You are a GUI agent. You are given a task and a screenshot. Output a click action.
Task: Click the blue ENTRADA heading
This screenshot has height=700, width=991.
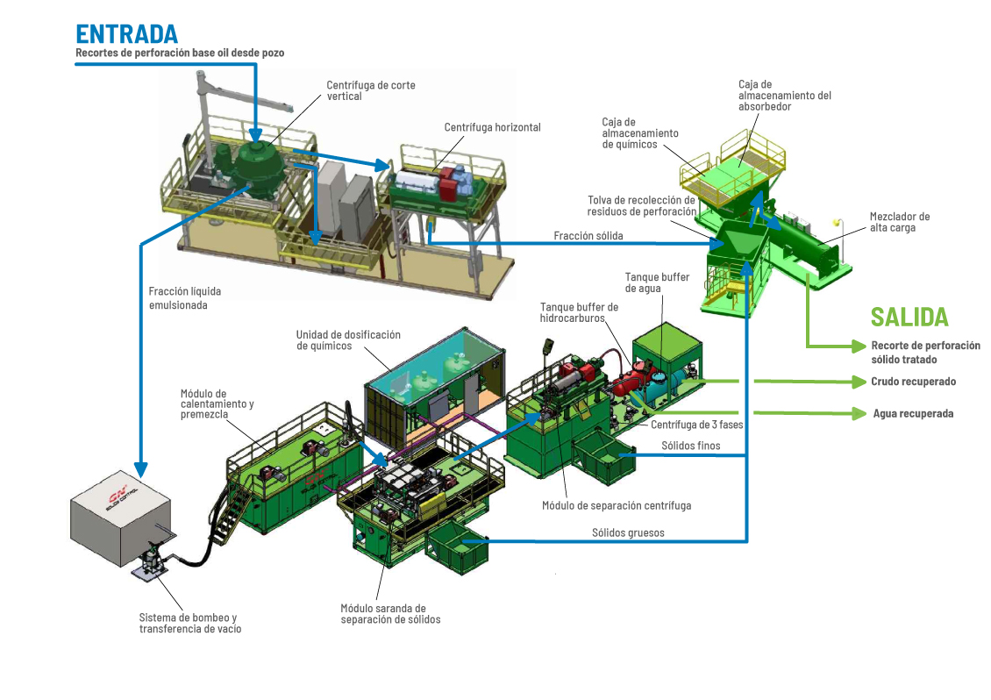pos(127,33)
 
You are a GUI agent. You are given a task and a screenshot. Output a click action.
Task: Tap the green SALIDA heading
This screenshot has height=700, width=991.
pos(909,317)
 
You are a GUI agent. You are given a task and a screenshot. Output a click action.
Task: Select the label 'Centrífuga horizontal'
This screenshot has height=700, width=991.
pos(492,127)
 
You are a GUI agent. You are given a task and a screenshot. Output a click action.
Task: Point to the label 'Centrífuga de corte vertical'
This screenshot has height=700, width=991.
pos(371,90)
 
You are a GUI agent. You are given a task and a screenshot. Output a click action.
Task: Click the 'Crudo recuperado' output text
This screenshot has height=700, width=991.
pos(913,382)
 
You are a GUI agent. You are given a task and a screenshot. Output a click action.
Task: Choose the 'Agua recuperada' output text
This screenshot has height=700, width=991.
pos(913,413)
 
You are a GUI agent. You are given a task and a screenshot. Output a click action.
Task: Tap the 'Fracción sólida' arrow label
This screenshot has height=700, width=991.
pos(588,235)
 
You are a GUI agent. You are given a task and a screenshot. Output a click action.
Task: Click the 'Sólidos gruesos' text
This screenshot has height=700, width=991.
pos(628,532)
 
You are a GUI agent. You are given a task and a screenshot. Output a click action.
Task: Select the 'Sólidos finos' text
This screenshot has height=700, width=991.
pos(690,446)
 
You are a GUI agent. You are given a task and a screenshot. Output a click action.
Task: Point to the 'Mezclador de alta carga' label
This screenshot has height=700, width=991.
pos(900,222)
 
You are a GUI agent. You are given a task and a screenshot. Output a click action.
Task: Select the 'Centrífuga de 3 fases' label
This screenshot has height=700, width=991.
pos(697,425)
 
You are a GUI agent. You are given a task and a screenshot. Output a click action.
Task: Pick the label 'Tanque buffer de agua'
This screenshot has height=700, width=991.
pos(657,282)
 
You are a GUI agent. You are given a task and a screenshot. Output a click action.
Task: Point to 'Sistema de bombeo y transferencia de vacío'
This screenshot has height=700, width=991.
pos(190,623)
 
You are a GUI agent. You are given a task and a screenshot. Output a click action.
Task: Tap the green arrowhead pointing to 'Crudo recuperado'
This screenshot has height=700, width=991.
pos(859,382)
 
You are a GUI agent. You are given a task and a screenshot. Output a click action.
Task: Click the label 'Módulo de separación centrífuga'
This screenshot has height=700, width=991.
pos(617,505)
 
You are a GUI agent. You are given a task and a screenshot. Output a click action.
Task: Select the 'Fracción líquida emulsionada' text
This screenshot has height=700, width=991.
pos(185,298)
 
